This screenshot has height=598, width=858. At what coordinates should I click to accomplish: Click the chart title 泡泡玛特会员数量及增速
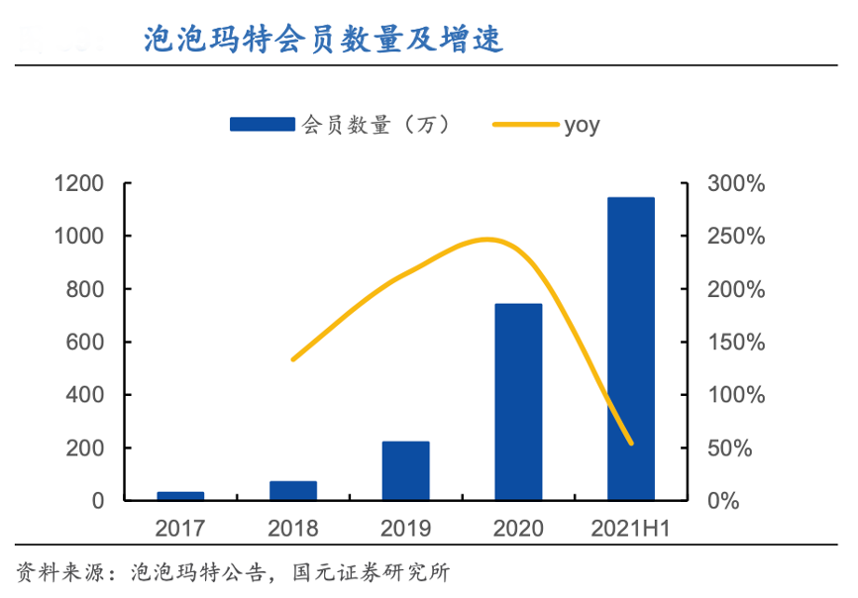(323, 40)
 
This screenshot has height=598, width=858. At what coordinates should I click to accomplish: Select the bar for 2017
(180, 496)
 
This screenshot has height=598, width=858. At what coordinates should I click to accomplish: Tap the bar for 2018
(293, 491)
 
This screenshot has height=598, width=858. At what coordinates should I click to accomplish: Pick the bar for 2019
(405, 470)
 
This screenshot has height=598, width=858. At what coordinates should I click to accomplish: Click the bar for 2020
(518, 401)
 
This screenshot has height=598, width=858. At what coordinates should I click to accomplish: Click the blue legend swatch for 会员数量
(262, 125)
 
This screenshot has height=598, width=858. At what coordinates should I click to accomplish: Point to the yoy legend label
(582, 125)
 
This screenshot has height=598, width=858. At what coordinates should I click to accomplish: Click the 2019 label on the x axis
(405, 529)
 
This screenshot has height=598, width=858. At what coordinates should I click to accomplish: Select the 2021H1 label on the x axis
(631, 529)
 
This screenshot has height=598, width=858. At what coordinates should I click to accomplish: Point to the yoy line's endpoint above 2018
(293, 359)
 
